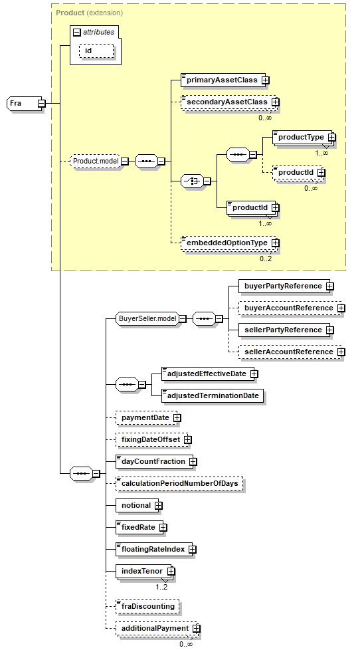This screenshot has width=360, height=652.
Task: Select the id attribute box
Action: (96, 51)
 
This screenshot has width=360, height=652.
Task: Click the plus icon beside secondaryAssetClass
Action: (275, 102)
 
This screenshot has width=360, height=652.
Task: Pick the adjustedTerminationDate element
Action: (213, 395)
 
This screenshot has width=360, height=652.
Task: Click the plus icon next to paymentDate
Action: (177, 417)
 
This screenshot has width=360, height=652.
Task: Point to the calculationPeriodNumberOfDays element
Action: (179, 483)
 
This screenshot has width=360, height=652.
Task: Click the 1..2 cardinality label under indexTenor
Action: (161, 587)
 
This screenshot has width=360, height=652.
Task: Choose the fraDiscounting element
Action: (147, 606)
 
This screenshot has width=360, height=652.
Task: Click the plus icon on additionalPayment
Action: (196, 628)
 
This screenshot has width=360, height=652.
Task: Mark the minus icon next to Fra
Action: (42, 103)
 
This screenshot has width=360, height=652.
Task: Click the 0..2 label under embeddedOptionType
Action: (266, 259)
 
